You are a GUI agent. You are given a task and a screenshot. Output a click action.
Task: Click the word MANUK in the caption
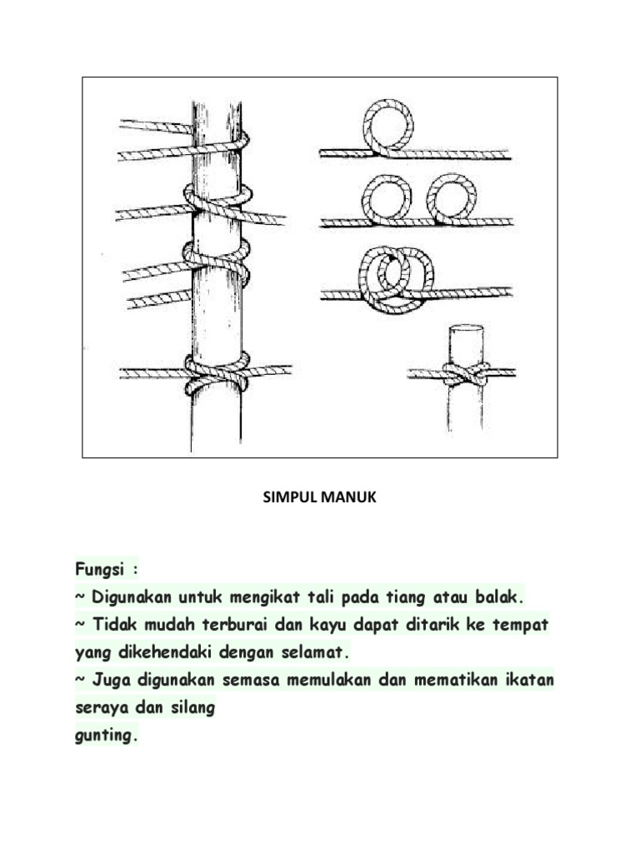tap(345, 498)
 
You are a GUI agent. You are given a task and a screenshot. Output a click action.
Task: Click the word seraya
tap(101, 708)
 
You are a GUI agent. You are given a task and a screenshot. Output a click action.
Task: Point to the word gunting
tap(104, 736)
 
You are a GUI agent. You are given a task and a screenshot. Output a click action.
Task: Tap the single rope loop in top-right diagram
tap(388, 126)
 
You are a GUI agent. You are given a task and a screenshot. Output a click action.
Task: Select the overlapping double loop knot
tap(395, 277)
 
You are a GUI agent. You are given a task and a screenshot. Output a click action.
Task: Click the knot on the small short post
tap(465, 374)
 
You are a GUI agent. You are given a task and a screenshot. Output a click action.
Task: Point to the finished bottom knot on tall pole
tap(217, 372)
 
